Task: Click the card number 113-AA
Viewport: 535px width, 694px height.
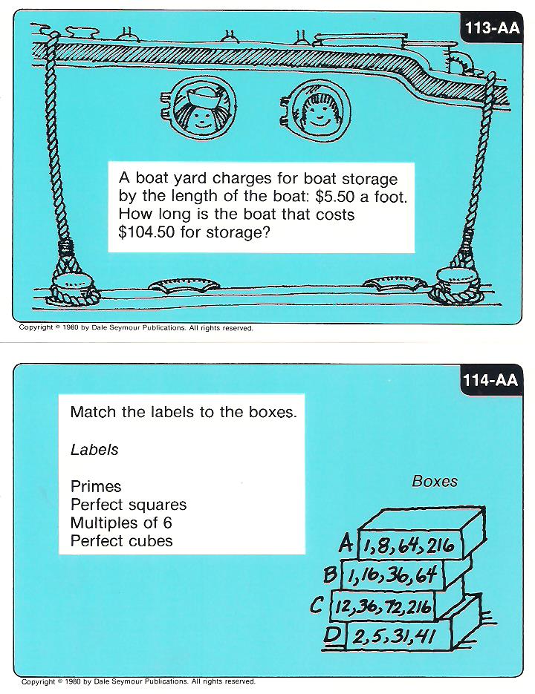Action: [492, 28]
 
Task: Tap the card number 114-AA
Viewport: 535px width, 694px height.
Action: [490, 380]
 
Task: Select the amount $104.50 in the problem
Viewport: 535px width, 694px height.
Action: [146, 232]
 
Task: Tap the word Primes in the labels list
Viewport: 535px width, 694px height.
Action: [96, 486]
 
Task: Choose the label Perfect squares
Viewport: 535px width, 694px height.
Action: [129, 505]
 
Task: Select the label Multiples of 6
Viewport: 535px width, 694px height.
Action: [121, 523]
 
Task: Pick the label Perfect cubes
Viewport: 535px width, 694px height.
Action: [121, 541]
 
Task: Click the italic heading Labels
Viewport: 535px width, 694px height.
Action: [94, 450]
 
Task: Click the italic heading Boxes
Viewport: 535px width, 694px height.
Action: [435, 481]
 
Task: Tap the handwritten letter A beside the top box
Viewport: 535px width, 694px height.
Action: [346, 543]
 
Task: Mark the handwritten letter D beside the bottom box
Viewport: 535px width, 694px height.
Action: [332, 635]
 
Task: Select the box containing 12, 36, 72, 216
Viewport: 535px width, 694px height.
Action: [383, 606]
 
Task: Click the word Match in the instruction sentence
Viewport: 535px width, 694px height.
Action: [94, 412]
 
